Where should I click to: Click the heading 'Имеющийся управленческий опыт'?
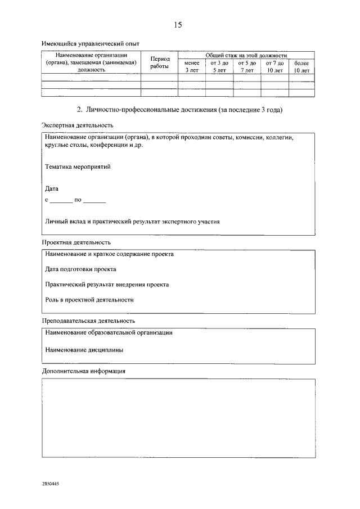[x=91, y=43]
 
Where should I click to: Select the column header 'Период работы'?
[x=159, y=62]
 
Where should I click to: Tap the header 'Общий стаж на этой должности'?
[x=246, y=55]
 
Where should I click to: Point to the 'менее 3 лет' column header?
[x=192, y=67]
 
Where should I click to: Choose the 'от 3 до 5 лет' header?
[x=219, y=67]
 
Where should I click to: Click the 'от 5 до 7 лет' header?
[x=247, y=67]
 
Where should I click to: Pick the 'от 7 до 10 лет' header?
[x=274, y=67]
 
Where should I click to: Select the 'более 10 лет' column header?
[x=301, y=67]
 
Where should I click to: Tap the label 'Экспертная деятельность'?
[x=78, y=125]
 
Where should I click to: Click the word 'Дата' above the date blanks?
[x=52, y=188]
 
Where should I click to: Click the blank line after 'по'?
[x=94, y=200]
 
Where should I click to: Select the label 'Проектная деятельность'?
[x=76, y=242]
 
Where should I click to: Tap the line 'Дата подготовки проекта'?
[x=81, y=269]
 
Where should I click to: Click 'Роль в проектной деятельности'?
[x=89, y=300]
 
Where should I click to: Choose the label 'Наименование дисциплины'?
[x=84, y=349]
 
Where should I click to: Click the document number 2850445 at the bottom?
[x=51, y=484]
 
